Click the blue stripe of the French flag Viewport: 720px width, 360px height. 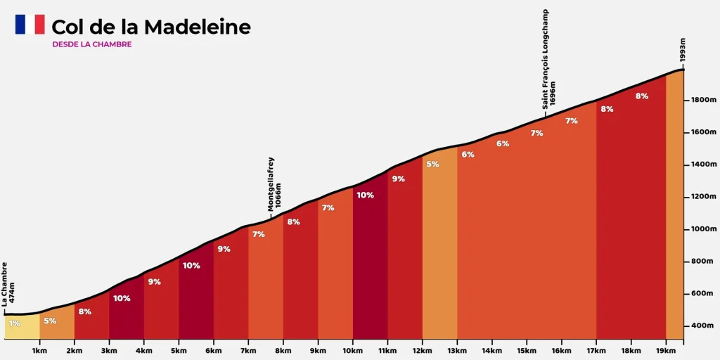(x=20, y=25)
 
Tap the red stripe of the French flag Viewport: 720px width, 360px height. (x=39, y=25)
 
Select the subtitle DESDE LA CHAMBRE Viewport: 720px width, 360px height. (x=91, y=44)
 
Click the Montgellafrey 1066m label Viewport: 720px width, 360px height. (x=274, y=184)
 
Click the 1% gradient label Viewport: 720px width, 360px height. (x=15, y=323)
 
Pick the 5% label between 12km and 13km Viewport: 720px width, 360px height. (x=432, y=165)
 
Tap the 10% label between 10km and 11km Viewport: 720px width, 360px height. (x=365, y=195)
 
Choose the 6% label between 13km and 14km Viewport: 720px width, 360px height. (x=468, y=155)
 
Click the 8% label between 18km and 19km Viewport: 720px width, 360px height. (x=641, y=96)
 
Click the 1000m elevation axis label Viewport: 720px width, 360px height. (x=702, y=229)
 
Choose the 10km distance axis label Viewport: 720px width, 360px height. (x=353, y=349)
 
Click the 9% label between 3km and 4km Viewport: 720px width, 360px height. (x=154, y=282)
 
